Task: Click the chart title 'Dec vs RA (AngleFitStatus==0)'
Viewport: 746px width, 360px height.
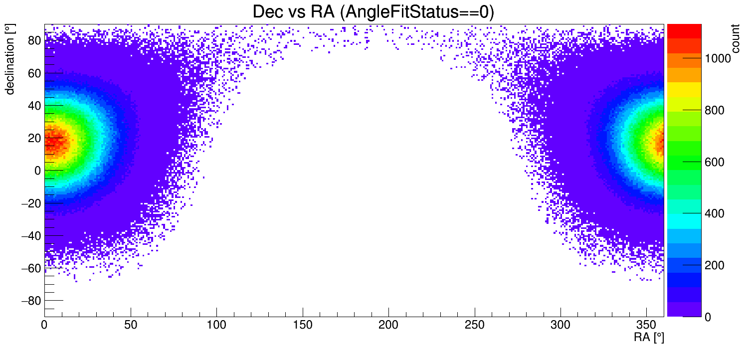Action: [x=373, y=12]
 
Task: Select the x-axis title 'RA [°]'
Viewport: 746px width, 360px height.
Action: [x=649, y=338]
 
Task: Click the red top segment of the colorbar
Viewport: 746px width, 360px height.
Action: [x=684, y=31]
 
